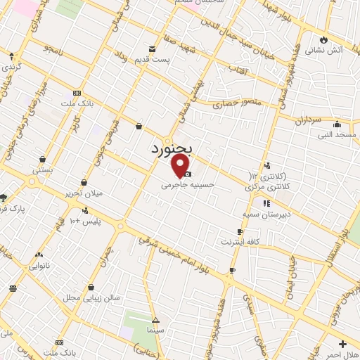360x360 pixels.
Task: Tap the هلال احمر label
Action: click(x=344, y=354)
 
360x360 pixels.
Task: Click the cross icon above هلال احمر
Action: click(x=342, y=344)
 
